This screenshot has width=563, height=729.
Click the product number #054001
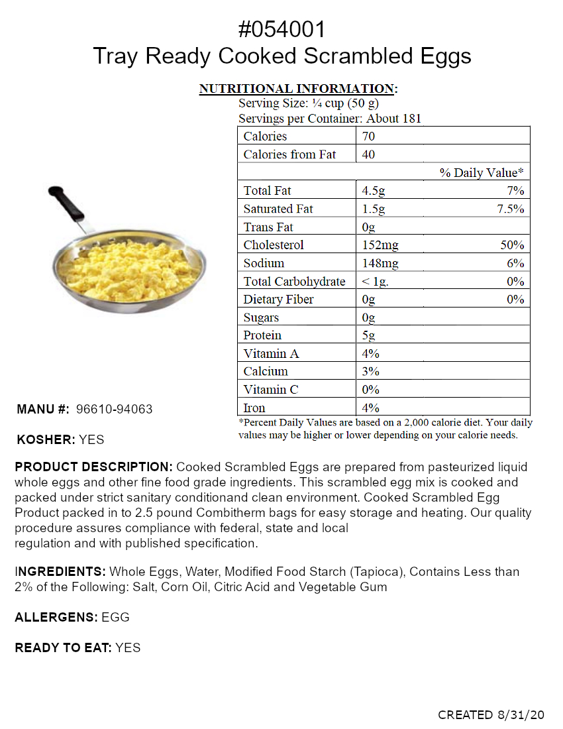coord(281,29)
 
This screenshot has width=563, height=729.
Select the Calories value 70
coord(368,137)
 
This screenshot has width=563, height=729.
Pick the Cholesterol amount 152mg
coord(380,245)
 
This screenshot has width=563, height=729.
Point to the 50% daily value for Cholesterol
coord(512,245)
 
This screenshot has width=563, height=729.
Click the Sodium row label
coord(264,263)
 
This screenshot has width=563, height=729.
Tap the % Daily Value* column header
coord(482,173)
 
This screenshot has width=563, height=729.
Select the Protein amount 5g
coord(368,335)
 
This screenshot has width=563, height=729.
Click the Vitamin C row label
coord(270,390)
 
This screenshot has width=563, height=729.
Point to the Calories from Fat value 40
coord(369,154)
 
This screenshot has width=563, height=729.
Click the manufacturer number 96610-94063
coord(115,410)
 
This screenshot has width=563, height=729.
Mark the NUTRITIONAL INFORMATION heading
coord(297,89)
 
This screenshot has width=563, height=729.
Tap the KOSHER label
coord(46,439)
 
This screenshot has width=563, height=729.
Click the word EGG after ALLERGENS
coord(115,618)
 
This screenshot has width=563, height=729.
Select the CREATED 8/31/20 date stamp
coord(491,715)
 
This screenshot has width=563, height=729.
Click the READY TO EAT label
coord(63,648)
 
